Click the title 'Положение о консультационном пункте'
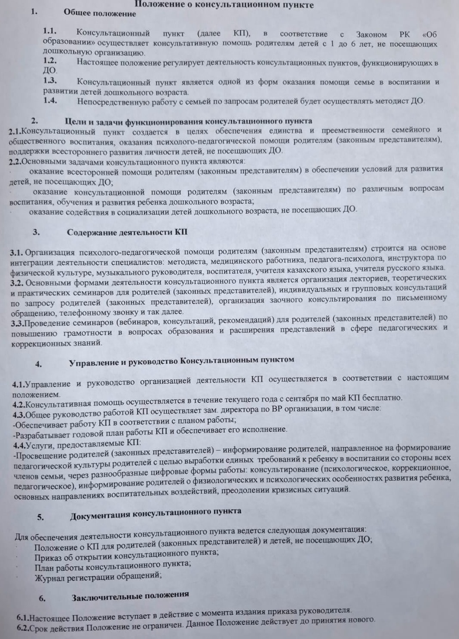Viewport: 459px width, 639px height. click(x=224, y=5)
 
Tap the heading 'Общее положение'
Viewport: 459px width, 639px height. click(x=100, y=13)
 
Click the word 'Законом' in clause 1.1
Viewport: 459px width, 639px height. click(x=371, y=34)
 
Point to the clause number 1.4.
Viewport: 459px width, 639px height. click(x=50, y=101)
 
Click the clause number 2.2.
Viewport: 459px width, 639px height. click(x=15, y=162)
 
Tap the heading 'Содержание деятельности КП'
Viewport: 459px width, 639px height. click(x=127, y=232)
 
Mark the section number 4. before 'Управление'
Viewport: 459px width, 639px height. click(x=39, y=364)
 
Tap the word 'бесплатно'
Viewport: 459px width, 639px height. click(x=383, y=397)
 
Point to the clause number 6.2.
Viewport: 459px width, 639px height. click(x=24, y=628)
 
